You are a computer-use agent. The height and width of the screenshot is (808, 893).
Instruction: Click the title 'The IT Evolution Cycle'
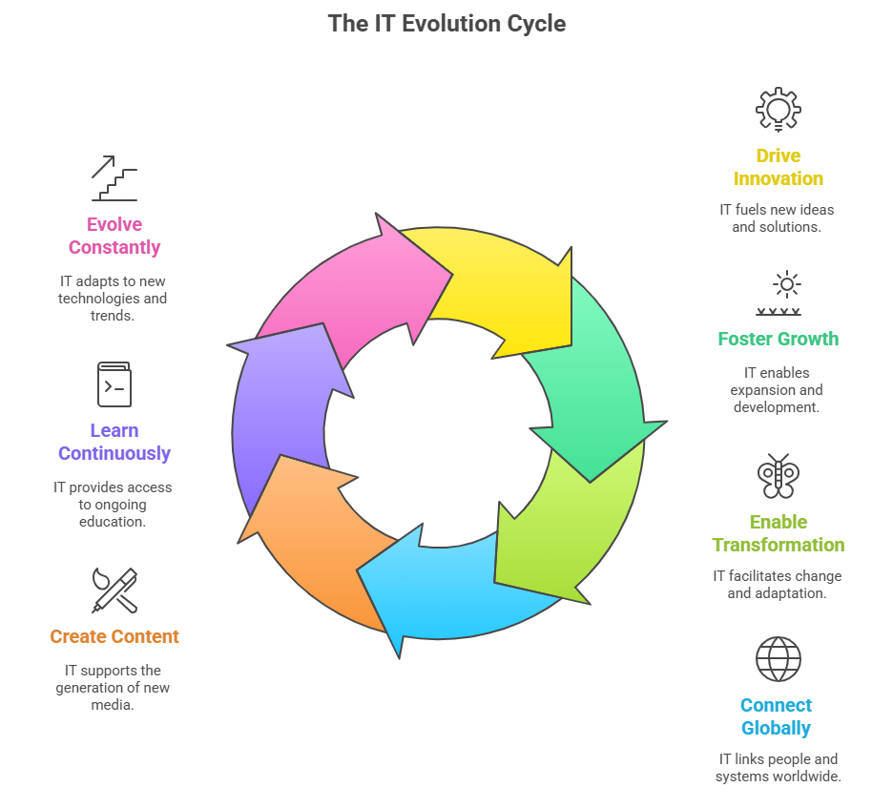coord(446,23)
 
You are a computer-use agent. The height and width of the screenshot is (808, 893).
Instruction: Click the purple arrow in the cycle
coord(281,410)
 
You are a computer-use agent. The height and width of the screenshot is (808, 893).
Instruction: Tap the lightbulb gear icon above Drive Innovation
coord(778,109)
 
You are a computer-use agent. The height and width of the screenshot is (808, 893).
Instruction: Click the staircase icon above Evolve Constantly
coord(114,178)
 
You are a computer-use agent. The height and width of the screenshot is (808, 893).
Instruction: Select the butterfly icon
coord(778,476)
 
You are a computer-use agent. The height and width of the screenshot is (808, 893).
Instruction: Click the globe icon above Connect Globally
coord(778,659)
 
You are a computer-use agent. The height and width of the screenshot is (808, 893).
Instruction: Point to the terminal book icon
coord(114,384)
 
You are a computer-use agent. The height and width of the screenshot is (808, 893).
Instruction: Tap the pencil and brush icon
coord(114,590)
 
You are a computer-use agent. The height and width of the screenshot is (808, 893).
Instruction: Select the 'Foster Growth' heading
coord(778,339)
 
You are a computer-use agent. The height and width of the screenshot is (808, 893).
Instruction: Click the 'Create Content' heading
coord(114,636)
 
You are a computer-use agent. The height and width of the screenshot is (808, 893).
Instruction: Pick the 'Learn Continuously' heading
coord(114,442)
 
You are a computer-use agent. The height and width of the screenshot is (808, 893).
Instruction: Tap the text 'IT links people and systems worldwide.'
coord(778,768)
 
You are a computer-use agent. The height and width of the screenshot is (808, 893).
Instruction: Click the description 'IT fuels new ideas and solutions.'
coord(778,218)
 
